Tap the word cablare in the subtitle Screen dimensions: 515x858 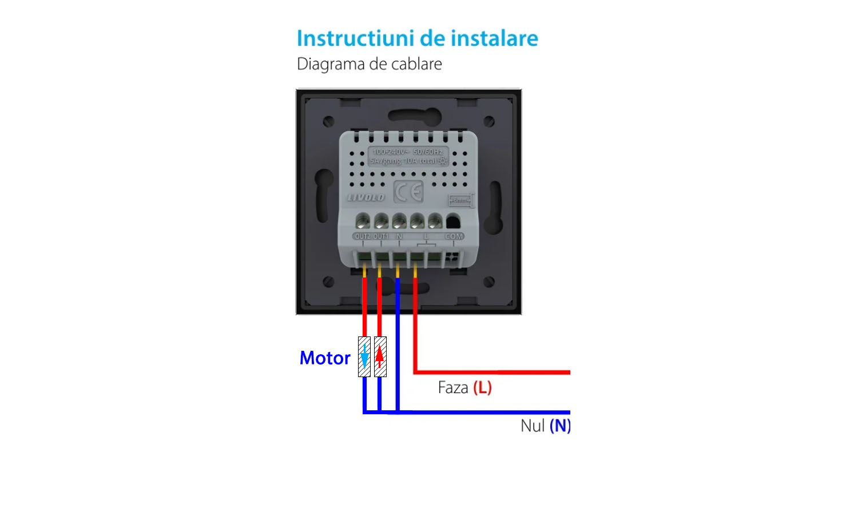pyautogui.click(x=416, y=64)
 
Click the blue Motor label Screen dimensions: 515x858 pyautogui.click(x=325, y=358)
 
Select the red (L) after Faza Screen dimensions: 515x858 pyautogui.click(x=482, y=388)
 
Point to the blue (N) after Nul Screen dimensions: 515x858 pyautogui.click(x=559, y=426)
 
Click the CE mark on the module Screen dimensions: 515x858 pyautogui.click(x=408, y=192)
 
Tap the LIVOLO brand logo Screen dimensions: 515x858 pyautogui.click(x=366, y=197)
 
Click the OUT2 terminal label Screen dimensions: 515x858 pyautogui.click(x=363, y=236)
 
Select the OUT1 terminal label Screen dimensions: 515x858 pyautogui.click(x=381, y=236)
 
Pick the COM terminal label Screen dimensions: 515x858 pyautogui.click(x=454, y=236)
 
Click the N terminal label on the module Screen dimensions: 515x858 pyautogui.click(x=399, y=236)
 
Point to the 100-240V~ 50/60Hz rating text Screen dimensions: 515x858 pyautogui.click(x=408, y=152)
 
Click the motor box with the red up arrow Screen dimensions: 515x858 pyautogui.click(x=380, y=356)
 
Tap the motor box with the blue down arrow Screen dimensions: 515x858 pyautogui.click(x=364, y=356)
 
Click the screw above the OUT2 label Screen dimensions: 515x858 pyautogui.click(x=363, y=221)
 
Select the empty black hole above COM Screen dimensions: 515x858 pyautogui.click(x=453, y=221)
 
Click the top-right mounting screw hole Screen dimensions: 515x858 pyautogui.click(x=489, y=121)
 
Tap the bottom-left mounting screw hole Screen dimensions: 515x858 pyautogui.click(x=328, y=282)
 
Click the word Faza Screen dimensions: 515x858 pyautogui.click(x=453, y=388)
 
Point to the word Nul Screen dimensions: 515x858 pyautogui.click(x=533, y=426)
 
